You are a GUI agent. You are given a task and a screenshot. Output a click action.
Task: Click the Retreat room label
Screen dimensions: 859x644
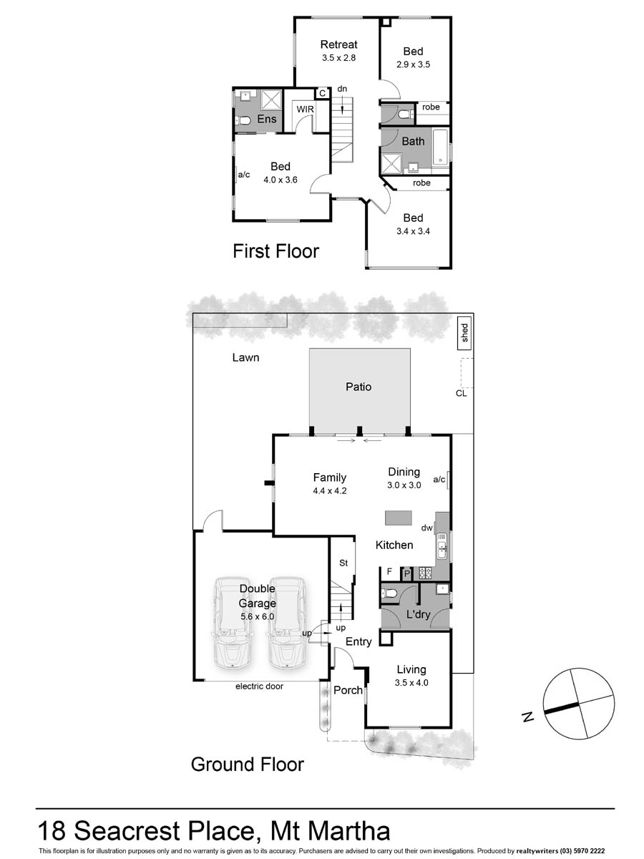[x=338, y=44]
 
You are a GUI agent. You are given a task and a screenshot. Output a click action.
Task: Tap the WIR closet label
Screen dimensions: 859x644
[x=306, y=108]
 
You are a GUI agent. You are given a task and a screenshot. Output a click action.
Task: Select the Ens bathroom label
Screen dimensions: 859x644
[x=267, y=119]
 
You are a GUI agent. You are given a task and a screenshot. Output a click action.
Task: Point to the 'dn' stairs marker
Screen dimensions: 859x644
[x=342, y=89]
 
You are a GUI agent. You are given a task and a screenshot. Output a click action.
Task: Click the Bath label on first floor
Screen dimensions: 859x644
[x=412, y=141]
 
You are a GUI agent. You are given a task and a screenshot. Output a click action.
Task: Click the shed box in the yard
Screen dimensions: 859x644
[x=464, y=333]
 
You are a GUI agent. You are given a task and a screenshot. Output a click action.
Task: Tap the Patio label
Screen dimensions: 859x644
[x=358, y=387]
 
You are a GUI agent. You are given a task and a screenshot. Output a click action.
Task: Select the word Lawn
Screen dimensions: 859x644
[x=245, y=357]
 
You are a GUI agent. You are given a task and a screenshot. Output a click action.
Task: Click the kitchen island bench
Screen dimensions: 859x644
[x=399, y=517]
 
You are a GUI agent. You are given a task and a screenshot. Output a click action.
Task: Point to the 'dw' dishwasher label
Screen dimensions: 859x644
[x=426, y=528]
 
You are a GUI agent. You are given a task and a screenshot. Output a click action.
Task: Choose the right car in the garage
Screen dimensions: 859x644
[x=285, y=621]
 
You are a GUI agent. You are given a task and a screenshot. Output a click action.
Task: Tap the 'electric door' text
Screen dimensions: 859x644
[x=259, y=686]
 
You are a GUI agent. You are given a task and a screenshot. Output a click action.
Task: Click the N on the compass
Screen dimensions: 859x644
[x=527, y=717]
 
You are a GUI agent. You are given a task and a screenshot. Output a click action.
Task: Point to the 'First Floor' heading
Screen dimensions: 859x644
[x=275, y=251]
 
